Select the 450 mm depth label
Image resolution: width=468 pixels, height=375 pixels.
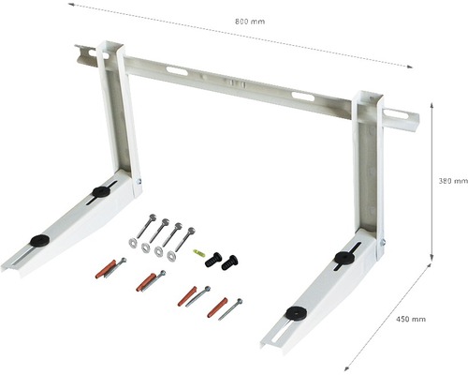(x=409, y=320)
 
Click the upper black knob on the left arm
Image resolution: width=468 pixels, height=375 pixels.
(x=99, y=191)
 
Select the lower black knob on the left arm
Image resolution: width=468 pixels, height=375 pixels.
(x=39, y=240)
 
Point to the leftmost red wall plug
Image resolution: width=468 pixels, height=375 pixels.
(x=100, y=272)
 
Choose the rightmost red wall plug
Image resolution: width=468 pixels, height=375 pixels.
(x=215, y=307)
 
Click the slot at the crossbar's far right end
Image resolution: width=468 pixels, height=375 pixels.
(x=396, y=116)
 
